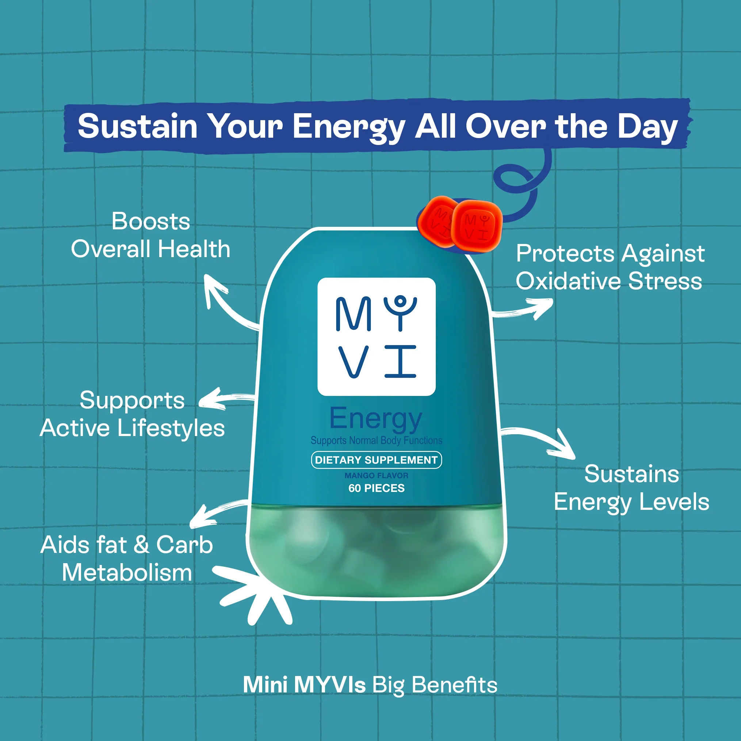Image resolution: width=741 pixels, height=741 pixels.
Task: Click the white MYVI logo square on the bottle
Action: (x=376, y=336)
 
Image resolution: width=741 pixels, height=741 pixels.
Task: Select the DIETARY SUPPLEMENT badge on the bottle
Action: (x=376, y=460)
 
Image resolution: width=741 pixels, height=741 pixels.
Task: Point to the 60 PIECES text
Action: (x=376, y=488)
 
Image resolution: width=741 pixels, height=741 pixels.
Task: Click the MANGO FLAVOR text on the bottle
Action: (x=376, y=475)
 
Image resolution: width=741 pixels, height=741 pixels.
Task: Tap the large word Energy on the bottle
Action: (x=376, y=419)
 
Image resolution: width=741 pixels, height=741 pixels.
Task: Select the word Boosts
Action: (x=151, y=221)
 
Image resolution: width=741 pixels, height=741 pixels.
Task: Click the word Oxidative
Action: (x=568, y=281)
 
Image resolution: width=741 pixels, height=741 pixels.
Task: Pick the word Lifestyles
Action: (x=171, y=428)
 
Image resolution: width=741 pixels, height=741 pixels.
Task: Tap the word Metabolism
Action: (x=127, y=573)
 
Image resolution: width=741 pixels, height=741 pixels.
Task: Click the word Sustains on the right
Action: (x=631, y=474)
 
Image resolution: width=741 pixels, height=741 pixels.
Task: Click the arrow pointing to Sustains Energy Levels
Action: (x=545, y=441)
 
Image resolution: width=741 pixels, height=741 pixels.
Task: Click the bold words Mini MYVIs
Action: (x=304, y=685)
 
